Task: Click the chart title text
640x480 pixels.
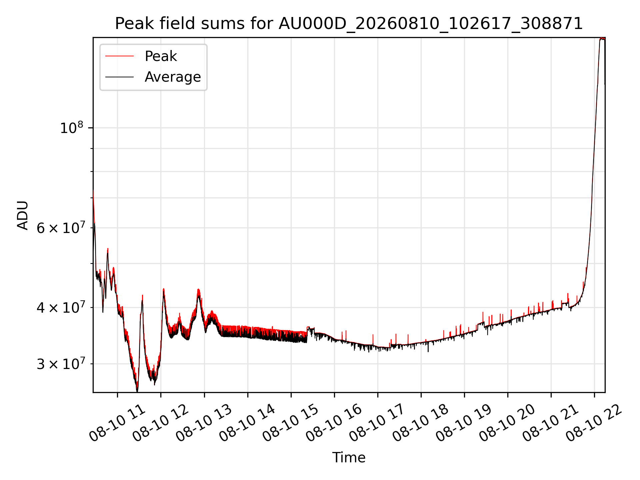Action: (349, 24)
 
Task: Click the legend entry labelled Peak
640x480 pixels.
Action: (161, 56)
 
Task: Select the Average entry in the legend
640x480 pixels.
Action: (173, 77)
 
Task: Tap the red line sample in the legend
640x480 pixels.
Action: (119, 56)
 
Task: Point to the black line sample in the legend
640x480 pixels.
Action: (119, 77)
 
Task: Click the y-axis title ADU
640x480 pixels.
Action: (23, 215)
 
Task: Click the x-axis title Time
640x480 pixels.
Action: (349, 457)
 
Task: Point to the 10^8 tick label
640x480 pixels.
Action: (71, 128)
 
